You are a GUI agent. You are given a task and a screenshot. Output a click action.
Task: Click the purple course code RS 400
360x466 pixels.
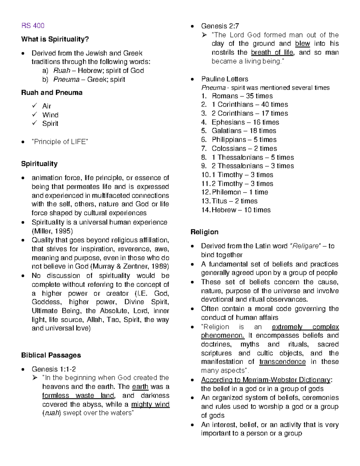(x=33, y=26)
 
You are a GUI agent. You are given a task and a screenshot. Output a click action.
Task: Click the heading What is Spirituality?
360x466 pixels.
(x=55, y=39)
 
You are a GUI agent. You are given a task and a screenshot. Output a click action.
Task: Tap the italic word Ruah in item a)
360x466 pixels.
(x=61, y=71)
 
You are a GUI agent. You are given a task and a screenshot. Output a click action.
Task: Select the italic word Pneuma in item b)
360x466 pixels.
(x=66, y=80)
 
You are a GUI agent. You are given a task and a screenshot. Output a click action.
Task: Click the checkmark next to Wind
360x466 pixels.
(x=35, y=115)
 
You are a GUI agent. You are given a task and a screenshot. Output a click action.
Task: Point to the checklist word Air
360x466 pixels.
(x=46, y=106)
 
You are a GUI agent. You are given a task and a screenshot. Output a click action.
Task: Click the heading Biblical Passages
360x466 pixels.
(x=51, y=355)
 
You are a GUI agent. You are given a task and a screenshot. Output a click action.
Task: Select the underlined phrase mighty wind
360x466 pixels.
(x=150, y=404)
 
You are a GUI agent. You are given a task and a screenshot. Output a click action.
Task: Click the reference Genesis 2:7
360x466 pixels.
(x=220, y=26)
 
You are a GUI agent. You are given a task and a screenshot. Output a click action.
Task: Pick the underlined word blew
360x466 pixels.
(x=302, y=44)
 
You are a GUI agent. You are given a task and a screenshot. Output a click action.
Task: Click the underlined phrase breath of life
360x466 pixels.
(x=272, y=53)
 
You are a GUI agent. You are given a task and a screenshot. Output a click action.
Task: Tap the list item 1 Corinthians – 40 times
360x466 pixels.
(x=250, y=105)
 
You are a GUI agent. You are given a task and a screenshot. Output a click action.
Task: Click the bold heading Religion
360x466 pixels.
(x=204, y=232)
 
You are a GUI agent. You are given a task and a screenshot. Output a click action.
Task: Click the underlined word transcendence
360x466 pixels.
(x=282, y=362)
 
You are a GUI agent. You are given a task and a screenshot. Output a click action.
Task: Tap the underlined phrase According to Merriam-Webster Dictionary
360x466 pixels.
(x=266, y=380)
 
